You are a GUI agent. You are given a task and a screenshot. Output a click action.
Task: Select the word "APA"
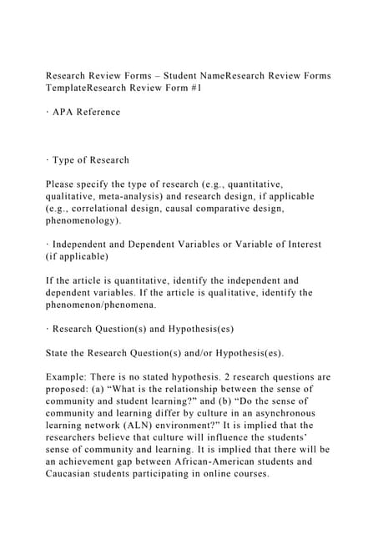63,112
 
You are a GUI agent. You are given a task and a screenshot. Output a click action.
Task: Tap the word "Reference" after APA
98,112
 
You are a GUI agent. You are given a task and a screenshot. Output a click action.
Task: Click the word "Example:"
69,378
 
